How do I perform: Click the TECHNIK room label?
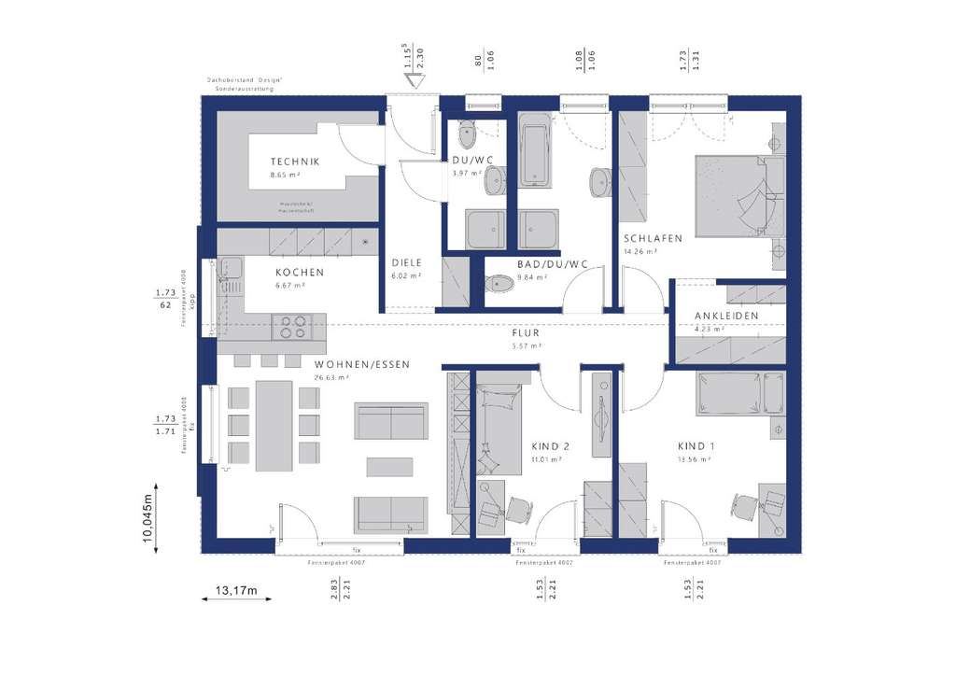[x=295, y=162]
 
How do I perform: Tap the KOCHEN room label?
[x=299, y=273]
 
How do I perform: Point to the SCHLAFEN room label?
[x=653, y=238]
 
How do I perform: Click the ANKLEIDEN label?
[x=726, y=317]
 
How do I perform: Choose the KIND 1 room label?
[x=695, y=446]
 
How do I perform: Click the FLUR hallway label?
[x=526, y=332]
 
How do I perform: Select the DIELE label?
[x=406, y=263]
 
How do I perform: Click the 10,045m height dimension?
[x=147, y=518]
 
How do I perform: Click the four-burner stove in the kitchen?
[x=290, y=326]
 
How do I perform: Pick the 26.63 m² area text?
[x=331, y=378]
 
